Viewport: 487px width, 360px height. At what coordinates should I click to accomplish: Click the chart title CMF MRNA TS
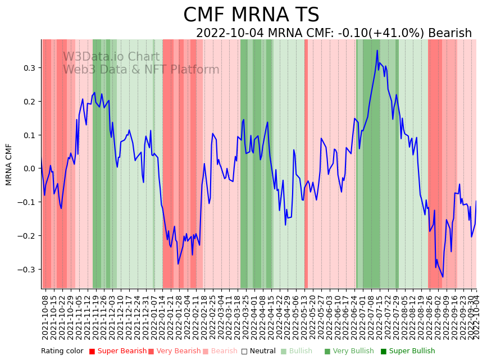pyautogui.click(x=251, y=15)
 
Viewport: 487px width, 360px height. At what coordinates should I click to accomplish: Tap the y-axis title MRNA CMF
pyautogui.click(x=9, y=164)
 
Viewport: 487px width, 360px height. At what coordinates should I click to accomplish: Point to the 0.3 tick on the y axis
pyautogui.click(x=29, y=68)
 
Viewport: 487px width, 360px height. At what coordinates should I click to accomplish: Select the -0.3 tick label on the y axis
pyautogui.click(x=27, y=270)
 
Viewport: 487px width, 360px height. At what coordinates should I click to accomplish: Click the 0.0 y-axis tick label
pyautogui.click(x=29, y=168)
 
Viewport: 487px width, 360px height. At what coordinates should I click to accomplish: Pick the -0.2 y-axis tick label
pyautogui.click(x=27, y=236)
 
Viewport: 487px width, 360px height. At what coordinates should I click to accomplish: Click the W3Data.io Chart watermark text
pyautogui.click(x=111, y=57)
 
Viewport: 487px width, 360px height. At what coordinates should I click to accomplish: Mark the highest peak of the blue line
pyautogui.click(x=377, y=51)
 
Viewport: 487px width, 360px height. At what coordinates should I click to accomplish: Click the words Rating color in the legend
pyautogui.click(x=62, y=351)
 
